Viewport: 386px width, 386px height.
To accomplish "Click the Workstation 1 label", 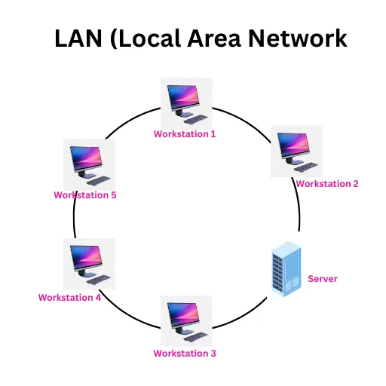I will tap(185, 134).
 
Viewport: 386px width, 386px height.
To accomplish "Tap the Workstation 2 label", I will tap(326, 183).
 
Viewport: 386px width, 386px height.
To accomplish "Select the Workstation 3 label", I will tap(185, 354).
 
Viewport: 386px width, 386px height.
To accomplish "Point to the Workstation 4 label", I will tap(69, 298).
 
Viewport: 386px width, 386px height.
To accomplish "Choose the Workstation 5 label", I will tap(84, 195).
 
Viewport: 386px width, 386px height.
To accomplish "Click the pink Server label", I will tap(323, 279).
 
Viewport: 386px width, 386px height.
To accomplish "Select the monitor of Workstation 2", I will tap(293, 146).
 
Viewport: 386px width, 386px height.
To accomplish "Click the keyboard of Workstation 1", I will tap(197, 119).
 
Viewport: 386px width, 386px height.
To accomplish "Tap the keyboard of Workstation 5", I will tap(98, 180).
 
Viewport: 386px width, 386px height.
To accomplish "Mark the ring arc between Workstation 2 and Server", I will tap(299, 215).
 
